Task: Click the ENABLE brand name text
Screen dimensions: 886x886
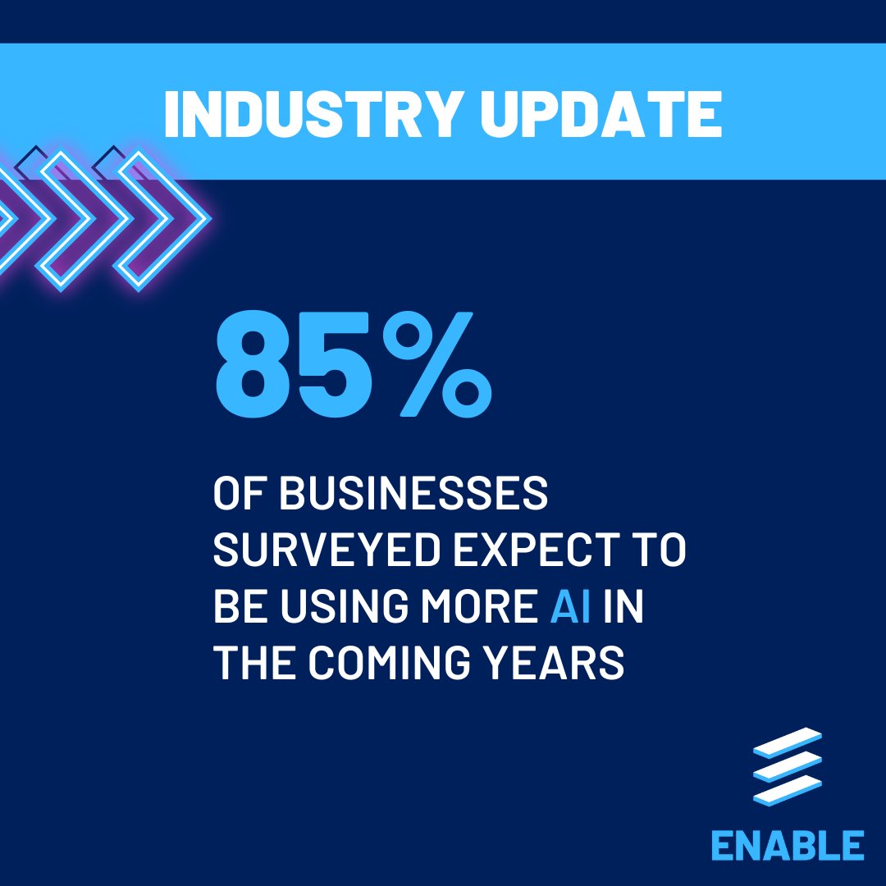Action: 787,846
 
